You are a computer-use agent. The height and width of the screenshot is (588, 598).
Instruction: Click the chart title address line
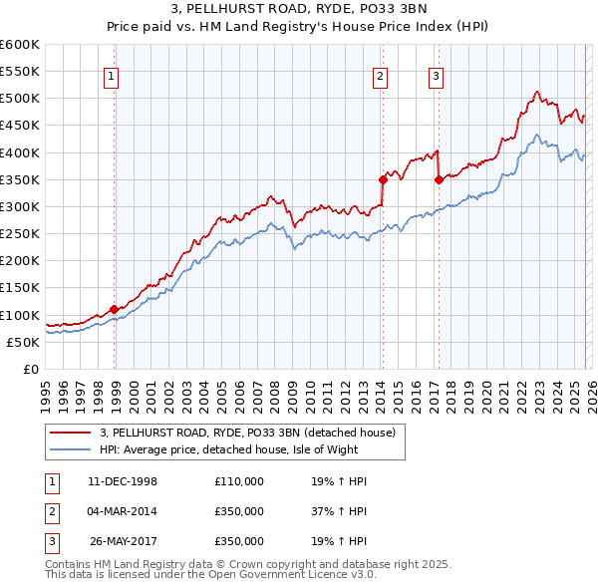[298, 10]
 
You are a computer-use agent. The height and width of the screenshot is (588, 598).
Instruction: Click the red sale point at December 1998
[115, 309]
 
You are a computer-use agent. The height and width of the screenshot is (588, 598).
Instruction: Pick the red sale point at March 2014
[383, 180]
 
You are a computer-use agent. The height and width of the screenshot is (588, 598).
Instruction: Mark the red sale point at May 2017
[439, 180]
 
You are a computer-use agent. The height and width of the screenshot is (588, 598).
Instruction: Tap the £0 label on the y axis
[30, 369]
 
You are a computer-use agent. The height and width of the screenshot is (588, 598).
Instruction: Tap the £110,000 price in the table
[239, 481]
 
